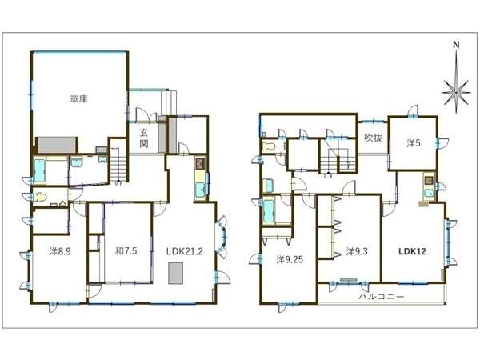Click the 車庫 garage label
pos(79,99)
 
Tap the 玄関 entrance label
pos(144,138)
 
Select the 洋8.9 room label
pos(60,251)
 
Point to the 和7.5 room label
pos(126,251)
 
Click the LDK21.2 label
pos(185,251)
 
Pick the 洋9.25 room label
pos(290,259)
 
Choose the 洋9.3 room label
pos(357,251)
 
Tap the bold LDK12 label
pos(412,251)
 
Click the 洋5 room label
pos(414,142)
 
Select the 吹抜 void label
pos(374,138)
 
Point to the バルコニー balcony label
pos(382,296)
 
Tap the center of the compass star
pos(456,92)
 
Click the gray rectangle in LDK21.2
pos(176,273)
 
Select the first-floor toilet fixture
pos(38,197)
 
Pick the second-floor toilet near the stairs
pos(270,147)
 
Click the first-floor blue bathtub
pos(39,170)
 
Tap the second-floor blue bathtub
pos(269,211)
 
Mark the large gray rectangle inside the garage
pos(57,145)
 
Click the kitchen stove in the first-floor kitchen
pos(201,164)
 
